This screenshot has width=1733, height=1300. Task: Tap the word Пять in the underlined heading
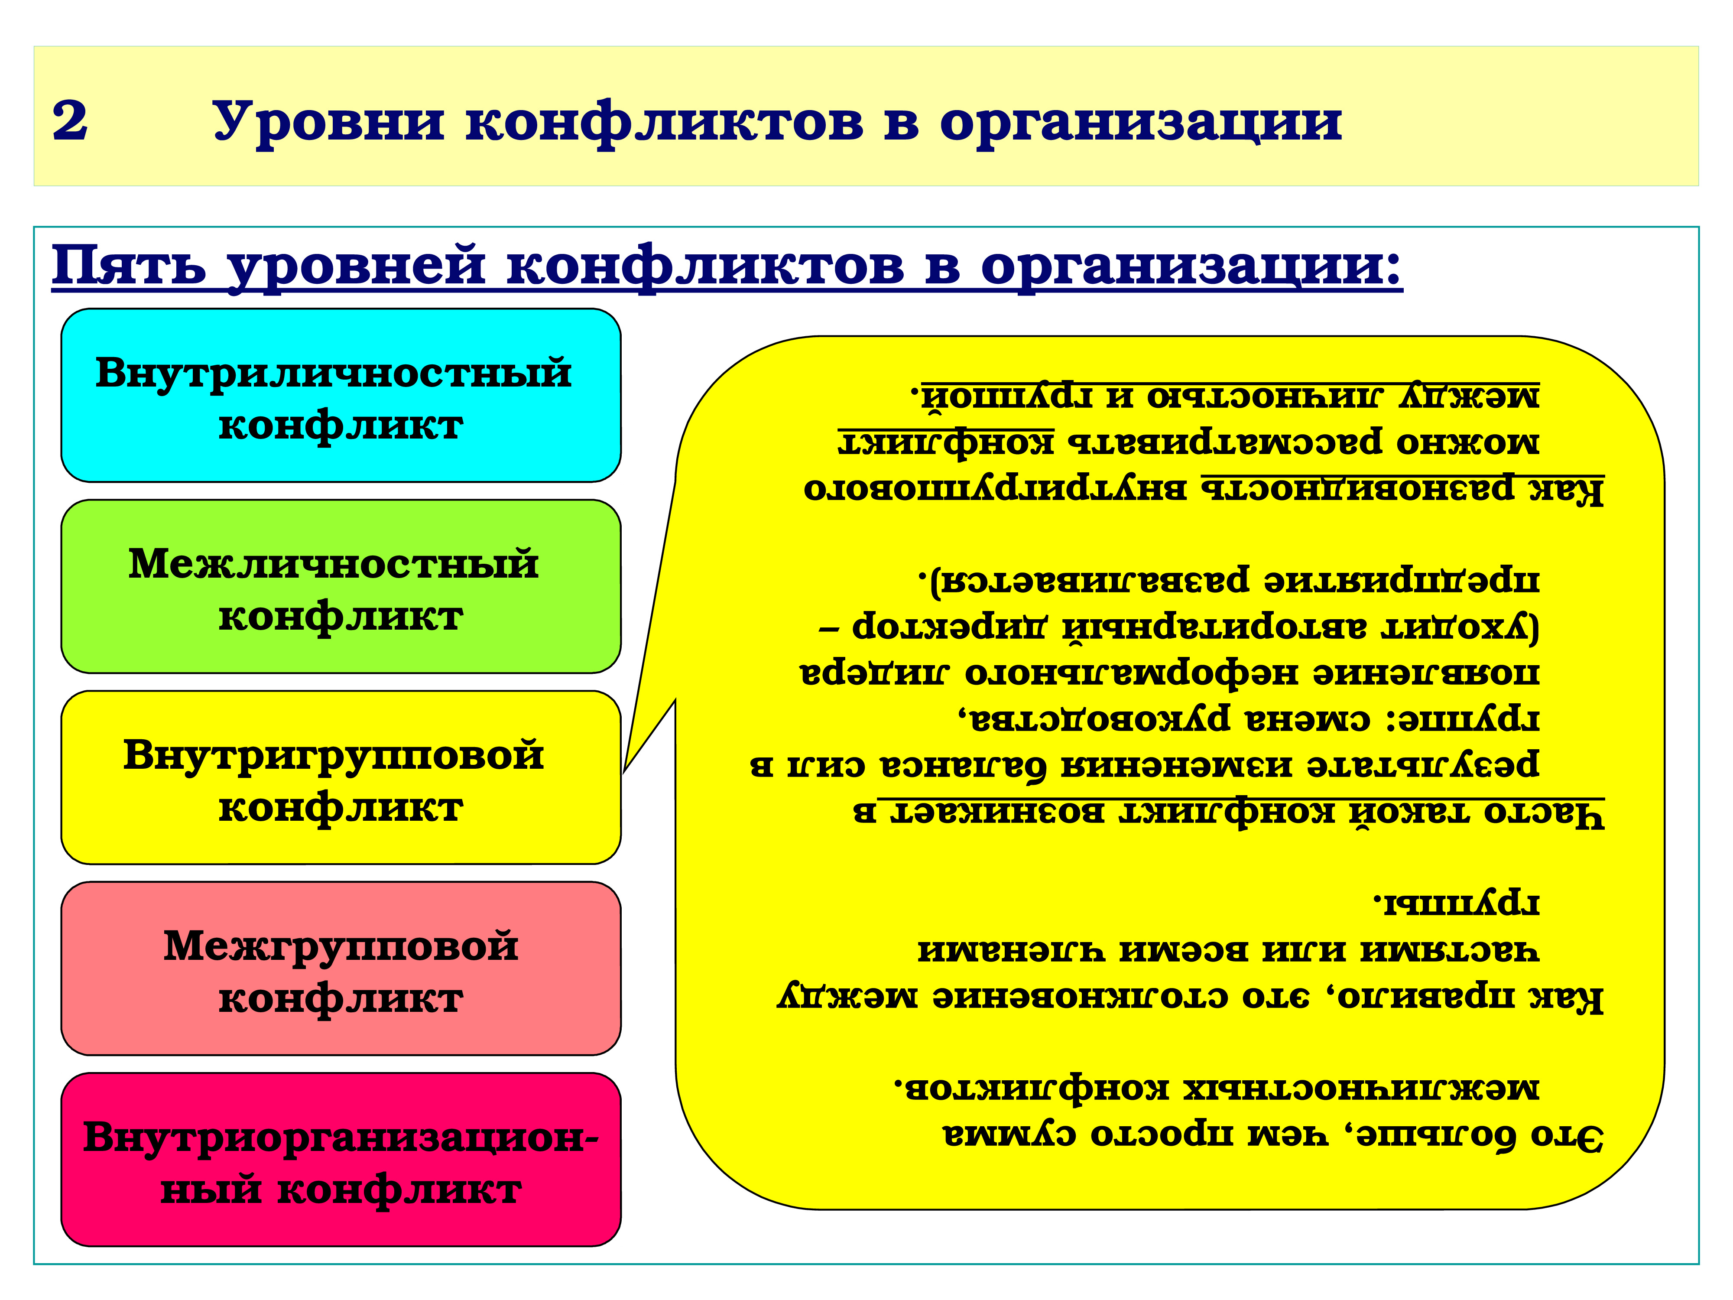(x=129, y=266)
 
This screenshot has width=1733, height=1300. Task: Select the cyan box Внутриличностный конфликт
(x=341, y=395)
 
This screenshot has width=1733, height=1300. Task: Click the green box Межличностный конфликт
(x=341, y=586)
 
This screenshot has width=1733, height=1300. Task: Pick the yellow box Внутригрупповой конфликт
(x=341, y=777)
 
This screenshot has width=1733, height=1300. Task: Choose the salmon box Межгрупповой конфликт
(x=341, y=968)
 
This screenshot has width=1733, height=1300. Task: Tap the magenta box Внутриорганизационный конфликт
(x=341, y=1160)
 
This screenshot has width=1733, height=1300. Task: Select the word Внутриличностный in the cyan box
(x=333, y=372)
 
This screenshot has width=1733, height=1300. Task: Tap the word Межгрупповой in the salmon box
(x=341, y=946)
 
